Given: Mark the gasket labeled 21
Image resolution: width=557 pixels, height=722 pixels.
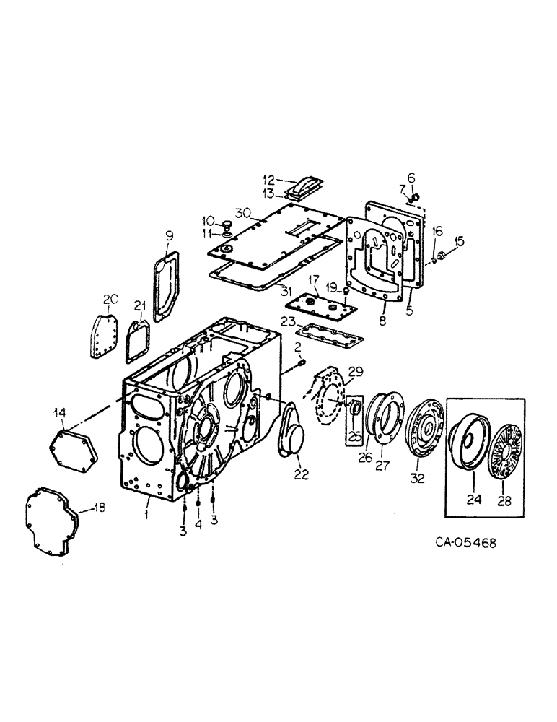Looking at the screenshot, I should (137, 342).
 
